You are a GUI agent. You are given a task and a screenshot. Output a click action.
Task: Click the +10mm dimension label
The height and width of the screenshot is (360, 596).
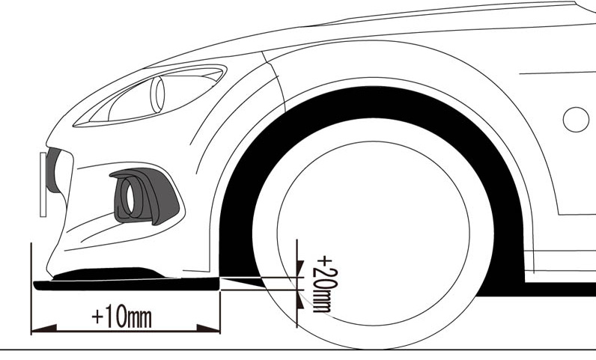pos(121,317)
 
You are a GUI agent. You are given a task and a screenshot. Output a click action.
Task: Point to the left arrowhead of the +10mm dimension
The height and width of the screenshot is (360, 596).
pos(39,329)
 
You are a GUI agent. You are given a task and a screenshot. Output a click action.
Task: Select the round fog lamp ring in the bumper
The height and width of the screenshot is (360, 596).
pos(130,198)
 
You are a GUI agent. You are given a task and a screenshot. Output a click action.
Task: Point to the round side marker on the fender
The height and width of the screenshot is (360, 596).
pos(576,120)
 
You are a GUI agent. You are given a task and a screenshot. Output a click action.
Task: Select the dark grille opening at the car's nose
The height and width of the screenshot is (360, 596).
pos(53,171)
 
